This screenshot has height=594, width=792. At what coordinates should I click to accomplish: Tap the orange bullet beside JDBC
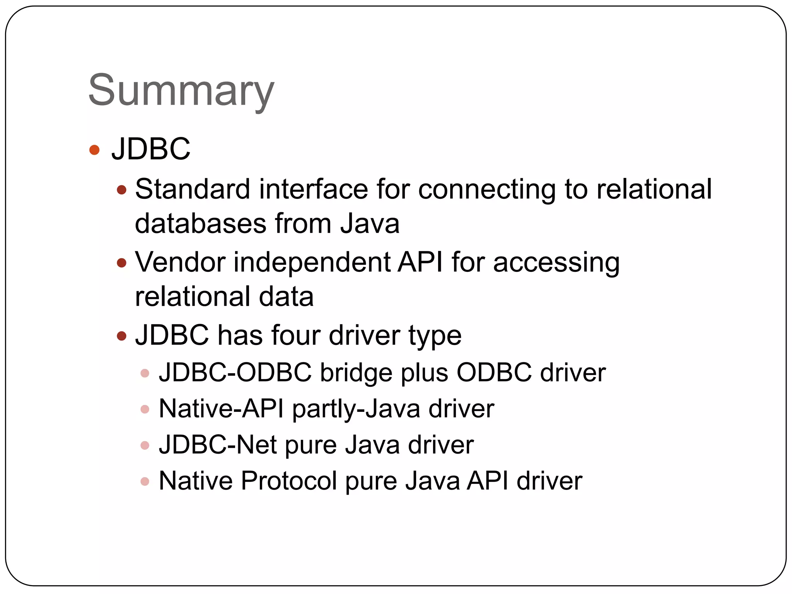coord(94,150)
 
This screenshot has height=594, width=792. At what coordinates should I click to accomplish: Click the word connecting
coord(486,190)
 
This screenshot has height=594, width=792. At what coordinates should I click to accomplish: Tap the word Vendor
coord(180,262)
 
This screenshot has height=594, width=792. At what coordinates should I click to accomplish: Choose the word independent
coord(312,263)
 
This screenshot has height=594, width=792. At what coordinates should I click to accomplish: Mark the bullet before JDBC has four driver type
coord(122,336)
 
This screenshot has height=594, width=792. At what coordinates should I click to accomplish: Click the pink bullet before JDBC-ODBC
coord(145,373)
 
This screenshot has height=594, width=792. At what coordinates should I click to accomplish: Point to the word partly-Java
coord(356,409)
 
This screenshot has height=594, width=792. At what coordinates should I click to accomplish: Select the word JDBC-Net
coord(217,445)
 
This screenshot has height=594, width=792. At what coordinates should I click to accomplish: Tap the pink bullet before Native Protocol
coord(145,481)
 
